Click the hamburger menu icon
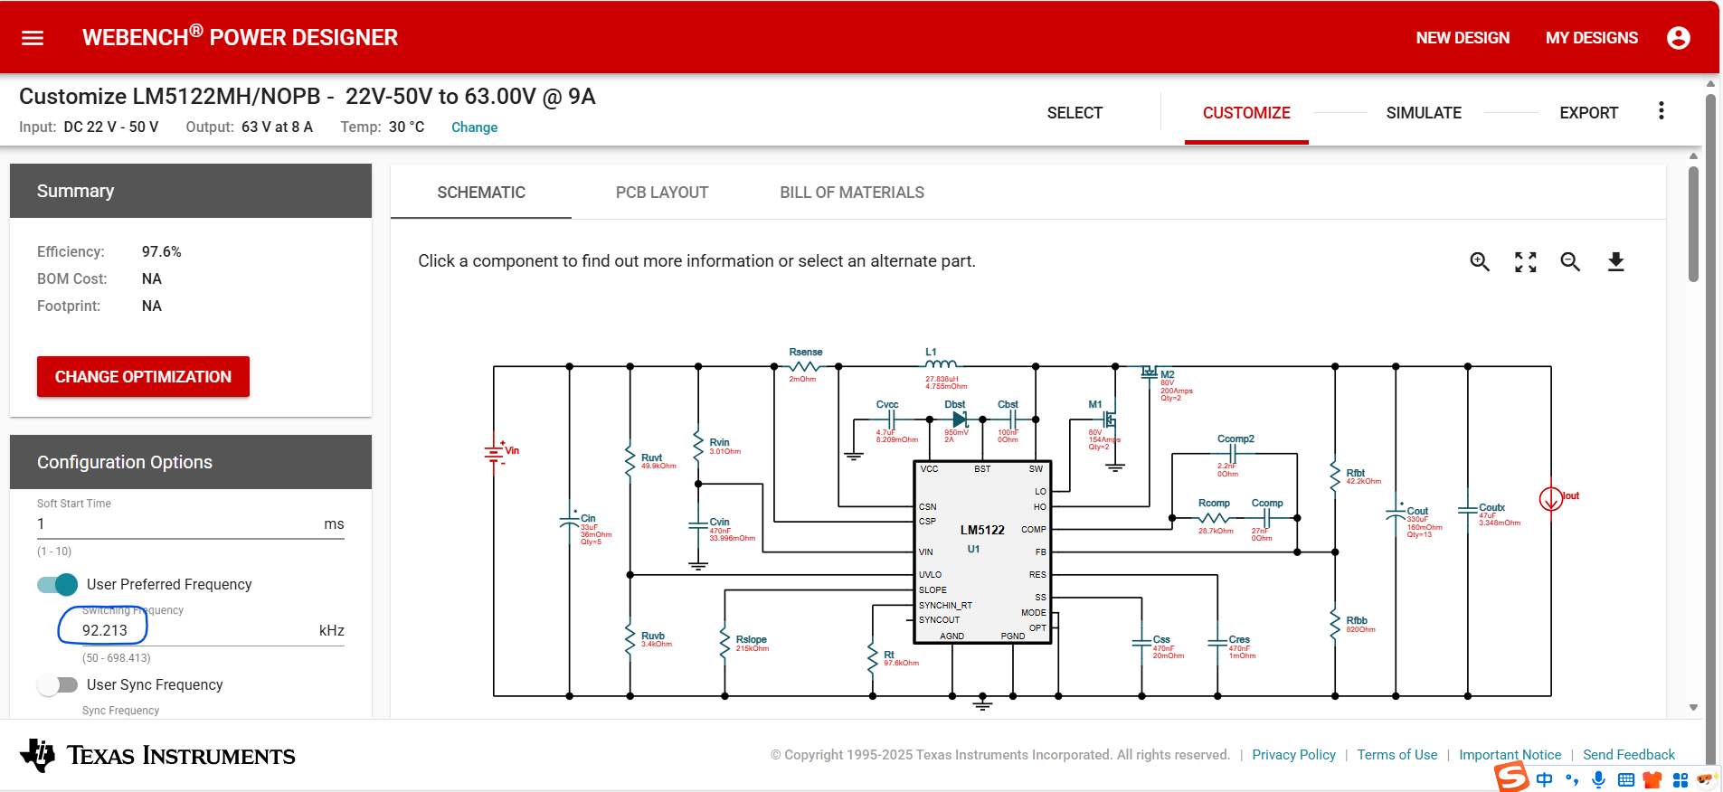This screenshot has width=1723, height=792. pos(33,38)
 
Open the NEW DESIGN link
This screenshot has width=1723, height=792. pos(1463,38)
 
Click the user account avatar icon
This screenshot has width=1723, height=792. pos(1678,38)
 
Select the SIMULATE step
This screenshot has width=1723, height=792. pos(1424,113)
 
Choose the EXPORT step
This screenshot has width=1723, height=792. pos(1588,113)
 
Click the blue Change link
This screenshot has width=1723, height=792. pos(474,127)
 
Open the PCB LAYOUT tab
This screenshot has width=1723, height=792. pos(662,193)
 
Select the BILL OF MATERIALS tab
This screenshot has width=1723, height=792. pos(852,193)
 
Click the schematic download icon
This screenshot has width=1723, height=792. pos(1615,262)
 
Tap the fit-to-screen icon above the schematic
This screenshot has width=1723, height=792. pos(1526,262)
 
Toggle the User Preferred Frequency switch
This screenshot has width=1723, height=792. pos(58,585)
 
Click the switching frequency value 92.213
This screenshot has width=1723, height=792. pos(105,630)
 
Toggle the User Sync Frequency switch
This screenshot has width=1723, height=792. pos(58,685)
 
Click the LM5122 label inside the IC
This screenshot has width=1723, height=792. pos(982,530)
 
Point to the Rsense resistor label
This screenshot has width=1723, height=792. pos(805,352)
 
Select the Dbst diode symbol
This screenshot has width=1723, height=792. pos(960,420)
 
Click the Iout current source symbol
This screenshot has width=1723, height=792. pos(1550,498)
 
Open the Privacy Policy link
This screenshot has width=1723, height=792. pos(1293,755)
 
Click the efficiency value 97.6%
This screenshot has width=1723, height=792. pos(161,251)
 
